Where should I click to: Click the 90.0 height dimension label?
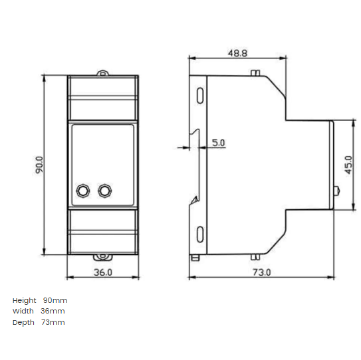tap(39, 165)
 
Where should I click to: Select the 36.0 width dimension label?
tap(103, 272)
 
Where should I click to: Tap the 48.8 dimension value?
tap(237, 51)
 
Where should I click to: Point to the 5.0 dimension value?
tap(218, 143)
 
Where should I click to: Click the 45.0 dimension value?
tap(348, 165)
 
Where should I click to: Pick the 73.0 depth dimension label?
tap(261, 272)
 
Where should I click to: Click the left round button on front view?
tap(84, 191)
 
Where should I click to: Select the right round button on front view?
tap(104, 191)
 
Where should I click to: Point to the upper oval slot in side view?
tap(200, 94)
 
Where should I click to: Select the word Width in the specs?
tap(23, 311)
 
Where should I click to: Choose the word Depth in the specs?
tap(23, 322)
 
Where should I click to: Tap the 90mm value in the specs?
tap(55, 300)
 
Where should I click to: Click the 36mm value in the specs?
tap(53, 311)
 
